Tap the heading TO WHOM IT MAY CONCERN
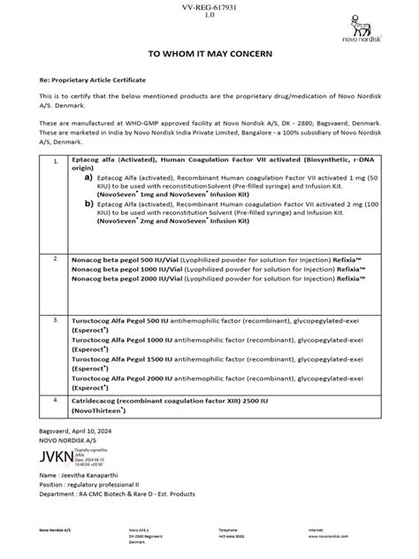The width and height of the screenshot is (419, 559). coord(210,55)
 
